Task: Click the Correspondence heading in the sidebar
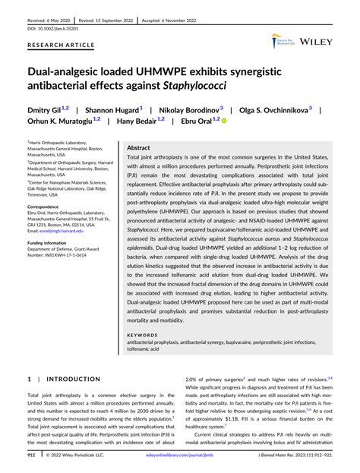tap(49, 207)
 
